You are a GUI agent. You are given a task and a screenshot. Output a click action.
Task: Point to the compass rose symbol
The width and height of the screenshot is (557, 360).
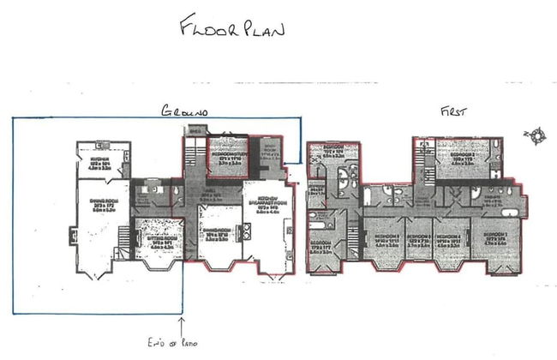[536, 134]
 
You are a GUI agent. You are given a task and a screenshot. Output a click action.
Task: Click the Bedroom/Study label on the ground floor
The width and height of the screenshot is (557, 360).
[228, 158]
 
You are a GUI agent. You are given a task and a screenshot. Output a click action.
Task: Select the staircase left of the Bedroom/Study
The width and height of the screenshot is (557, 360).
[191, 156]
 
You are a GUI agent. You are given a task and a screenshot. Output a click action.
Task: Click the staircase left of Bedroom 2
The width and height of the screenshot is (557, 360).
[421, 159]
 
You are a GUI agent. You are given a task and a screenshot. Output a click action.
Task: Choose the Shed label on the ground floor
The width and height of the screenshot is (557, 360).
[195, 131]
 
